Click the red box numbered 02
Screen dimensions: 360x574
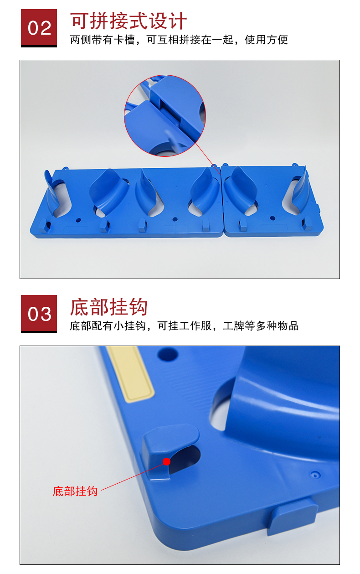pyautogui.click(x=39, y=28)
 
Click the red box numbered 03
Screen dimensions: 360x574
pyautogui.click(x=39, y=314)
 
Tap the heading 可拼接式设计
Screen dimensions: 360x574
pyautogui.click(x=129, y=21)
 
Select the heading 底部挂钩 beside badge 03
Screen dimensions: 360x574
pyautogui.click(x=109, y=307)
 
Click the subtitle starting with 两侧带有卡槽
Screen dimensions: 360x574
pyautogui.click(x=179, y=40)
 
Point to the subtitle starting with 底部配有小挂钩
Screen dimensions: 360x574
pyautogui.click(x=184, y=326)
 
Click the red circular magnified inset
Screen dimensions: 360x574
pyautogui.click(x=165, y=115)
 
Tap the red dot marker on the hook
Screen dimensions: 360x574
pyautogui.click(x=166, y=461)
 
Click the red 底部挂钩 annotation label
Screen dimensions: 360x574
pyautogui.click(x=75, y=491)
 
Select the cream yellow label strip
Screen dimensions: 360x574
pyautogui.click(x=131, y=373)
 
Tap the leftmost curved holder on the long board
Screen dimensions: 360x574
pyautogui.click(x=52, y=192)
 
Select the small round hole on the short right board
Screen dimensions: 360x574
pyautogui.click(x=273, y=218)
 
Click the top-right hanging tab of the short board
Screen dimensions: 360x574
pyautogui.click(x=295, y=165)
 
